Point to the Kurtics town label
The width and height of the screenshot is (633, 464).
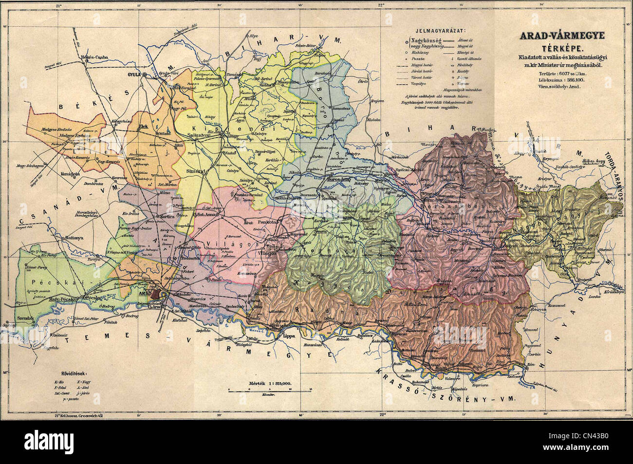pyautogui.click(x=163, y=215)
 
